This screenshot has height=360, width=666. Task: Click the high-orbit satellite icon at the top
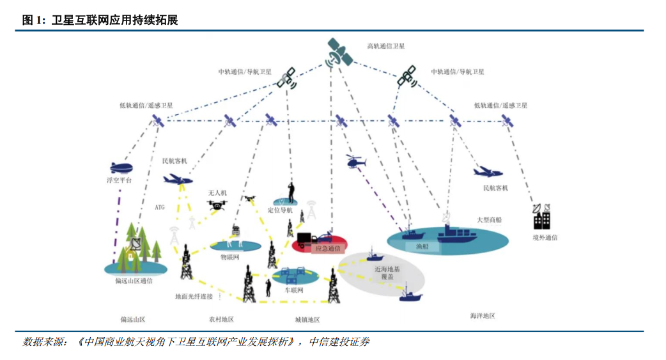[339, 53]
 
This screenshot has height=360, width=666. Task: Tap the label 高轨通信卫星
[385, 46]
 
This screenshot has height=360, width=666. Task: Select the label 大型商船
[489, 219]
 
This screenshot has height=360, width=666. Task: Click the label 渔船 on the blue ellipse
[422, 246]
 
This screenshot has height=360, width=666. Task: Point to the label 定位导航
[280, 210]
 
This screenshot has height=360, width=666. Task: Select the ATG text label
[160, 208]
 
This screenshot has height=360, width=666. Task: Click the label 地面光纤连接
[194, 297]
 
